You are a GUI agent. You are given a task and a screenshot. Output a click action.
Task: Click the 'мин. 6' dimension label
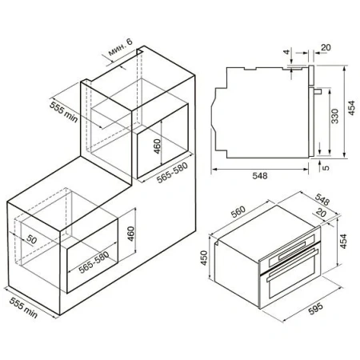point(120,47)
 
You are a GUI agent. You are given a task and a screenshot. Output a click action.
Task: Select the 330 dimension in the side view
point(334,116)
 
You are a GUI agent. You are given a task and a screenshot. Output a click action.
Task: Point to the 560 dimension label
point(238,212)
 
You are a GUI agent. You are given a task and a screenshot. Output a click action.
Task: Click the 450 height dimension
point(204,258)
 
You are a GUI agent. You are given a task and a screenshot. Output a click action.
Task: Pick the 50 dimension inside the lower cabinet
point(31,240)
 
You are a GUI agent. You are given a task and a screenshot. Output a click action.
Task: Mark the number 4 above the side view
point(286,52)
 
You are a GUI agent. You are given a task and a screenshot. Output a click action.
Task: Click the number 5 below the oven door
point(326,168)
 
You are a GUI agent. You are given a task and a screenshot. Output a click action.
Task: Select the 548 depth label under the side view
point(260,176)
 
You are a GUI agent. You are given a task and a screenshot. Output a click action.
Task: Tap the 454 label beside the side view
point(352,108)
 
